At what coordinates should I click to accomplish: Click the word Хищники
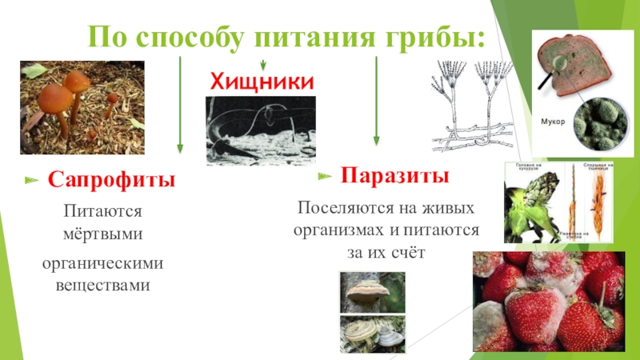click(x=262, y=81)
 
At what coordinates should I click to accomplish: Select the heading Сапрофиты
click(x=111, y=178)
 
